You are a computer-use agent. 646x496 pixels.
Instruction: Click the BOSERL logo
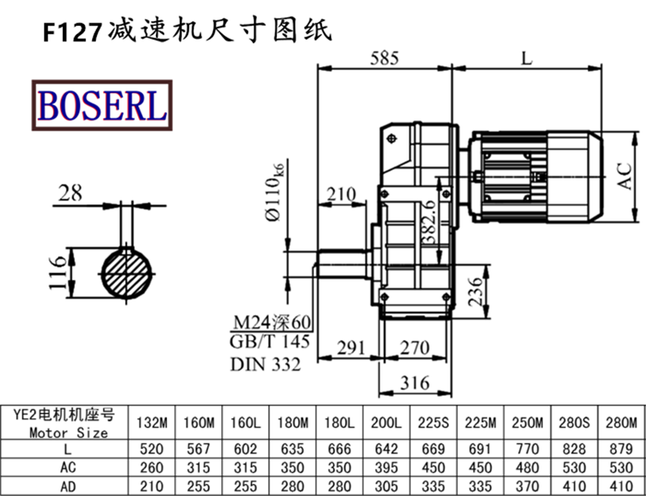[x=102, y=105]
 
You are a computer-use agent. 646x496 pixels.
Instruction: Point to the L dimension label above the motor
[x=527, y=58]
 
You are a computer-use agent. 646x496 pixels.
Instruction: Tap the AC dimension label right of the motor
[x=624, y=174]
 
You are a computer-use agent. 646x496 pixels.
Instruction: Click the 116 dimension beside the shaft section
[x=56, y=275]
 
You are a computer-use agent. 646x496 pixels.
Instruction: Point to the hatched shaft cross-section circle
[x=129, y=275]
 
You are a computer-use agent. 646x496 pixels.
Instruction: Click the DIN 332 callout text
[x=266, y=364]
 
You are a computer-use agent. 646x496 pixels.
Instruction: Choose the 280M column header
[x=621, y=422]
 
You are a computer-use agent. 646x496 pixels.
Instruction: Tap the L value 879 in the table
[x=621, y=448]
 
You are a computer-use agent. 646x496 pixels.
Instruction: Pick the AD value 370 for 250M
[x=526, y=486]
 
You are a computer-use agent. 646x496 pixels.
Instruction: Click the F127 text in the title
[x=72, y=31]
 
